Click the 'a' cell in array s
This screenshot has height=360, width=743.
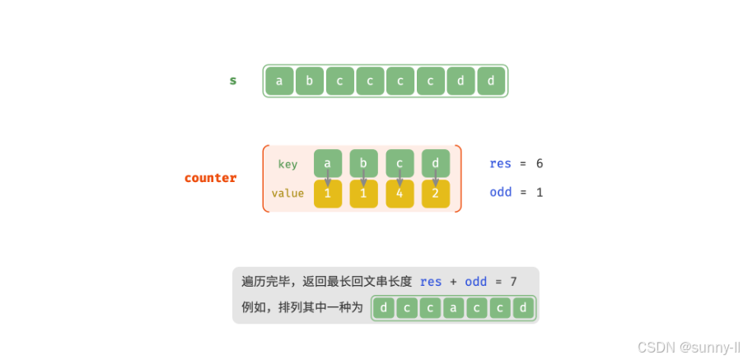pos(279,81)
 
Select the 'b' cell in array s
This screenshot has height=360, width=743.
pos(310,81)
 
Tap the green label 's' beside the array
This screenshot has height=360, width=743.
pos(233,81)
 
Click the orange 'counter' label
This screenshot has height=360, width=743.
pos(211,178)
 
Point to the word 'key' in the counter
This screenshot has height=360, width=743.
pos(287,164)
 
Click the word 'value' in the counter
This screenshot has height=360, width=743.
pos(287,194)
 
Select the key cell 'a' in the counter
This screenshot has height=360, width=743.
pos(328,163)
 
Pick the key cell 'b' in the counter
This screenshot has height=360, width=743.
pos(363,163)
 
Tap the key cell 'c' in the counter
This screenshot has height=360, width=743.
pos(400,163)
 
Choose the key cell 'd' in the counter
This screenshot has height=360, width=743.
pos(436,163)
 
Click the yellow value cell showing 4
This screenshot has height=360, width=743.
pos(400,194)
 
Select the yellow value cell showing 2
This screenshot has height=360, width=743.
pos(436,194)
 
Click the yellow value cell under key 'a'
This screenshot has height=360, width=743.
pos(328,194)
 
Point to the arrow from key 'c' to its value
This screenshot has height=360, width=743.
pos(400,178)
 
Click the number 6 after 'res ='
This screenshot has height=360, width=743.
pos(540,163)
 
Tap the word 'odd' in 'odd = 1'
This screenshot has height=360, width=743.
pos(500,192)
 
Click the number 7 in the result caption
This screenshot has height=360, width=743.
pos(513,282)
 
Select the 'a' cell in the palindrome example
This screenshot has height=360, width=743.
pos(454,308)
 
